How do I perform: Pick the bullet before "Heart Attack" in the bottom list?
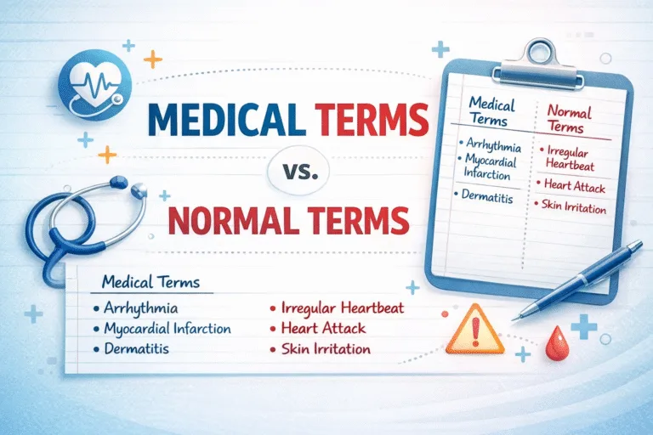274,329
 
